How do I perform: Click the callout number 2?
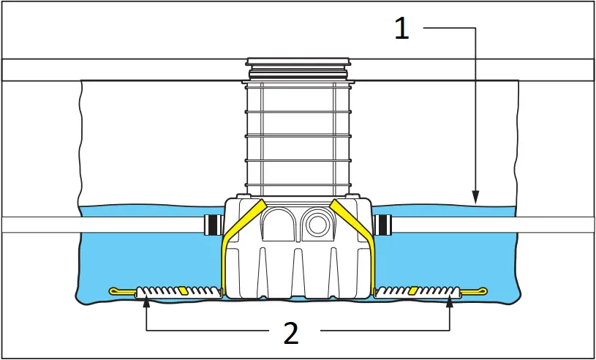[291, 333]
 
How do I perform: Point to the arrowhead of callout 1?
[475, 197]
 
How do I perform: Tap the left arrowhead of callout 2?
[147, 301]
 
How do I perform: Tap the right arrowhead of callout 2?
[449, 301]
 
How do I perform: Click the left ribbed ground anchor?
[178, 291]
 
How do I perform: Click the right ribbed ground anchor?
[417, 291]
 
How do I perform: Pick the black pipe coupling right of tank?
[382, 224]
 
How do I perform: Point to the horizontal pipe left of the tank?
[102, 225]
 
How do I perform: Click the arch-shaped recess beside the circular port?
[279, 223]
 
